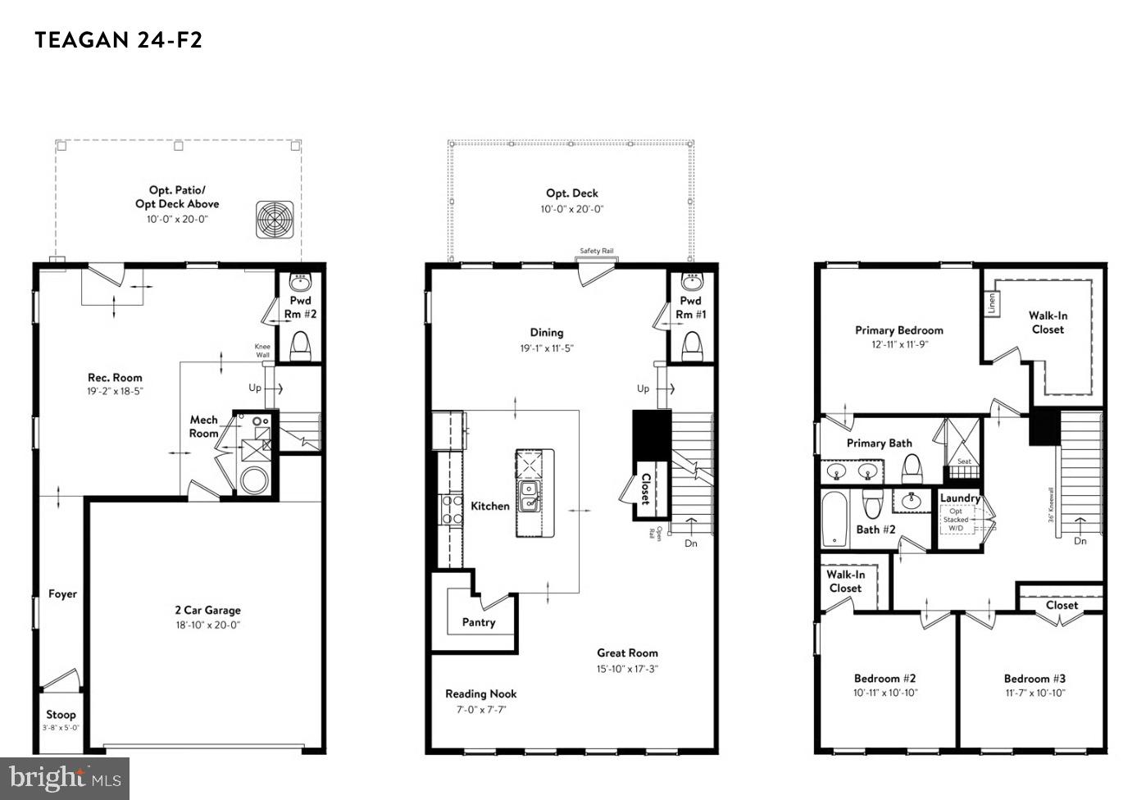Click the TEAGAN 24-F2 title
[118, 40]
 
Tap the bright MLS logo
[66, 777]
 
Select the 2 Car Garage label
[207, 610]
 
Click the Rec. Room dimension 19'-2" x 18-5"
[115, 392]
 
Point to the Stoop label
[61, 715]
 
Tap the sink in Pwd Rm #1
[691, 284]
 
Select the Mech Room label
[204, 426]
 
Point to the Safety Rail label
[597, 251]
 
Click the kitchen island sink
[529, 497]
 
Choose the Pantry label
[479, 622]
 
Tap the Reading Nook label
[481, 693]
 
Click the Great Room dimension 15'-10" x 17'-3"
[627, 668]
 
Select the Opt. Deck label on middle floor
[572, 193]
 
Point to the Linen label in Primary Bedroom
[992, 303]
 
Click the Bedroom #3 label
[1035, 679]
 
